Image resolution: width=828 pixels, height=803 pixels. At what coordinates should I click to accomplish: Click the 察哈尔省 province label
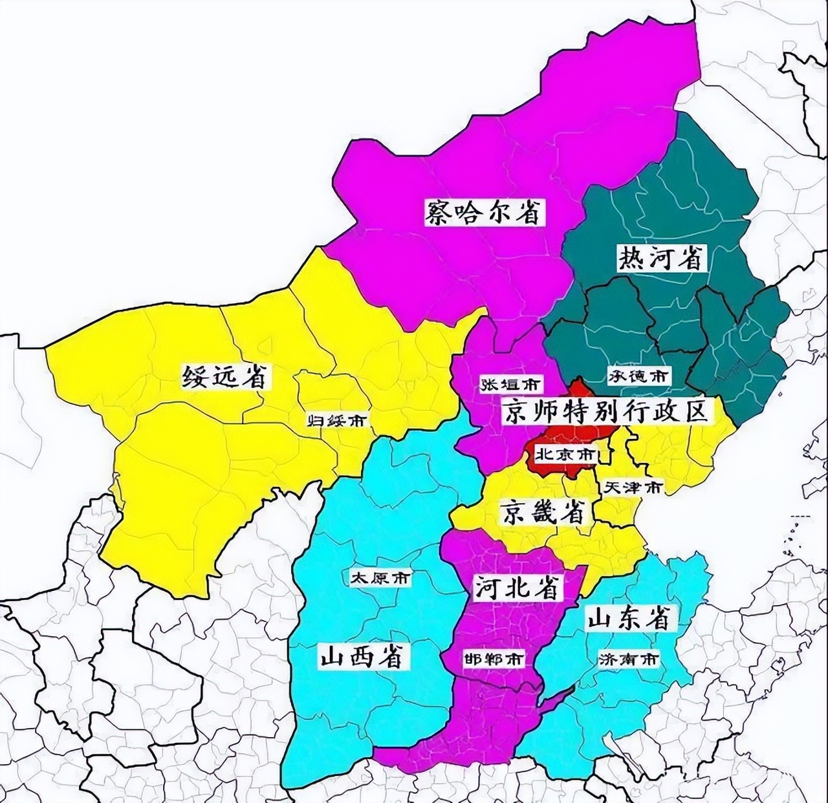point(483,211)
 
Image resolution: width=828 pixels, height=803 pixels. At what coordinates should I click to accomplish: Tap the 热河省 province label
point(660,258)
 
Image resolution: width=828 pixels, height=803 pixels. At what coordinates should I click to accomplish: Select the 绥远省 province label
point(224,376)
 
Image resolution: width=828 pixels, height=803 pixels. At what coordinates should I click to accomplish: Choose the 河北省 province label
point(517,587)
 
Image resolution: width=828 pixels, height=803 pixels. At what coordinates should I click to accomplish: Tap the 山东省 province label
point(627,619)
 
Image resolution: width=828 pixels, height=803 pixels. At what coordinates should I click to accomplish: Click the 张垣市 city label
point(510,384)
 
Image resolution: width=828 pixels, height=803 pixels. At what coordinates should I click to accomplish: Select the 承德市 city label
point(638,375)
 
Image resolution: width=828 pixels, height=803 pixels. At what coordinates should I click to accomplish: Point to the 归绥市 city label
point(336,421)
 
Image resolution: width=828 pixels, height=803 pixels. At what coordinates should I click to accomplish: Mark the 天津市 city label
point(632,487)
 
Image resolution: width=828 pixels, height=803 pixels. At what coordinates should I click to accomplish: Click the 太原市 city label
point(380,577)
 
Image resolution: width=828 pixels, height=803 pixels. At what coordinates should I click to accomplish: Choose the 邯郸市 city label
point(494,659)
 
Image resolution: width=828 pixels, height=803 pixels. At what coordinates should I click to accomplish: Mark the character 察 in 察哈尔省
point(441,211)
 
